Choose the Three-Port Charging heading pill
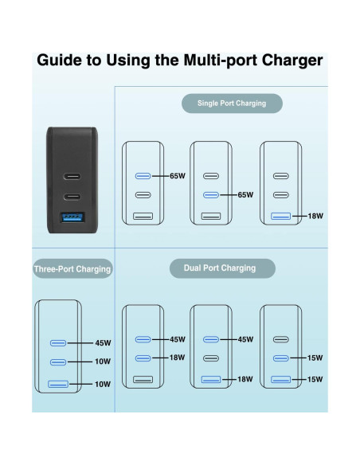[x=72, y=269]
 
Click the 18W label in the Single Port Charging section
[x=315, y=216]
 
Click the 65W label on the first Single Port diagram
[x=178, y=176]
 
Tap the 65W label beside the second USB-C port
[x=245, y=195]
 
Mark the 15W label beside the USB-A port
[x=315, y=378]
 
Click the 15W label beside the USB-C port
[x=315, y=358]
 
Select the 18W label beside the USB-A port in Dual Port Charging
[x=245, y=380]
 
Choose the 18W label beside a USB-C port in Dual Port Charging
[x=178, y=358]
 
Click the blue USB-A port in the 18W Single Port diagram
[x=280, y=216]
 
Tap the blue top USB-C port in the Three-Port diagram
[x=58, y=343]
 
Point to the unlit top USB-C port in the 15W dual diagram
[x=280, y=339]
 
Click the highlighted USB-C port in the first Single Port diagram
[x=143, y=176]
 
